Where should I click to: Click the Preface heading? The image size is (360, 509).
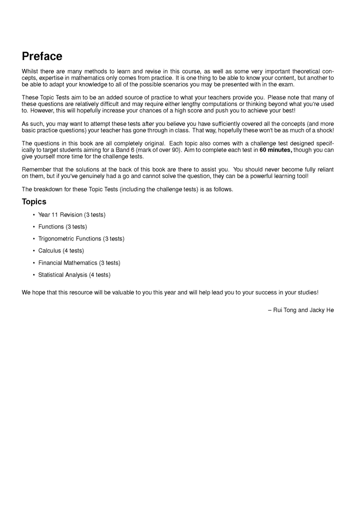(42, 56)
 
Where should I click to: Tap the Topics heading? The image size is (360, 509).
(34, 201)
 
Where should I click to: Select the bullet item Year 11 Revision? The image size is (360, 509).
(71, 215)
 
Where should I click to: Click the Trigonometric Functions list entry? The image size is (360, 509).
(81, 239)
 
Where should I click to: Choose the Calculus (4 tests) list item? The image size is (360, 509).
(61, 251)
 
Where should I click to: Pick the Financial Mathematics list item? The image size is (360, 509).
(79, 263)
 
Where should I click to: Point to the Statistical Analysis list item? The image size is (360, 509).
(74, 275)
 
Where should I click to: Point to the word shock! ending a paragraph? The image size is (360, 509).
(324, 130)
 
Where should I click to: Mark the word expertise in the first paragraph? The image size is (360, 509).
(49, 78)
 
